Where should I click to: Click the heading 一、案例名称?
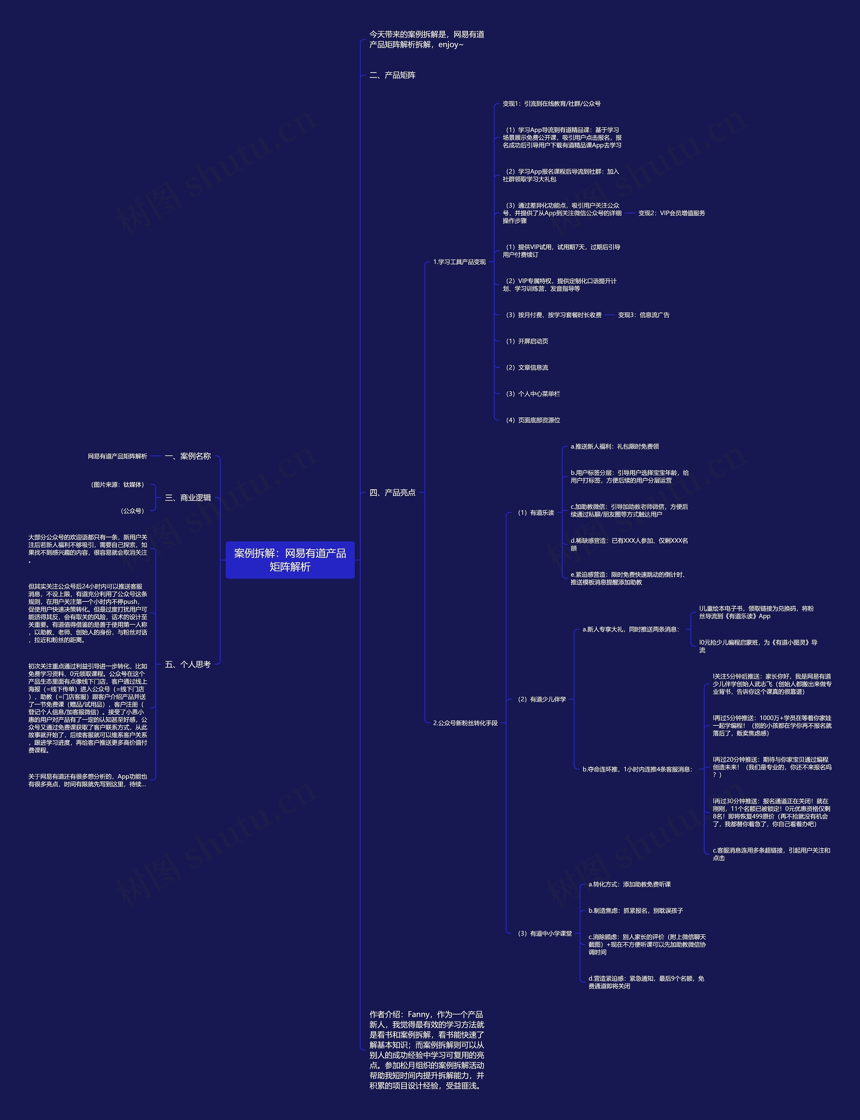click(x=188, y=456)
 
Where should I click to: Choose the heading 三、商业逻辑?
click(x=188, y=497)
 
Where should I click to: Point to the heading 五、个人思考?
click(x=188, y=664)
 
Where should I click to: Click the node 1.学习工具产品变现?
click(x=459, y=262)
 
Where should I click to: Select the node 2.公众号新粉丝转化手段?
click(x=465, y=723)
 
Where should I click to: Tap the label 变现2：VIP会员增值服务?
click(x=671, y=213)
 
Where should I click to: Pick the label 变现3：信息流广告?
click(x=643, y=315)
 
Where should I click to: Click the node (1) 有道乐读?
click(x=535, y=513)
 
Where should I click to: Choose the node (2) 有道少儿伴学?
click(x=542, y=699)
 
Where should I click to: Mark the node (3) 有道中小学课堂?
click(x=545, y=933)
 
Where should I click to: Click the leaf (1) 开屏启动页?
click(x=527, y=341)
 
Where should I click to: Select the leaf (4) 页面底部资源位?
click(x=532, y=420)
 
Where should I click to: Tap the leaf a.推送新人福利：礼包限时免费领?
click(x=614, y=447)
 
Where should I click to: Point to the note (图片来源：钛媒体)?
click(x=118, y=485)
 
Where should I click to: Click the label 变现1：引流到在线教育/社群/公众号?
click(x=551, y=104)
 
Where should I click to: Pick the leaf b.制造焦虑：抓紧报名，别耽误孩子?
click(x=635, y=911)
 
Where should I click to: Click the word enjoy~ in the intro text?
click(x=450, y=45)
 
